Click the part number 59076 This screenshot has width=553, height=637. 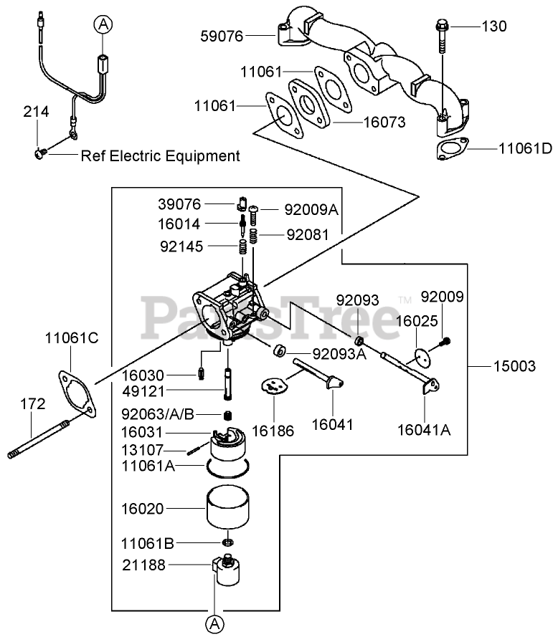click(x=222, y=36)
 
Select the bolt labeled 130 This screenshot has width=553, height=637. click(x=442, y=36)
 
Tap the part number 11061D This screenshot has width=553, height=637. click(x=525, y=149)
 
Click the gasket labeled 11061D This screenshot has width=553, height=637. click(x=452, y=149)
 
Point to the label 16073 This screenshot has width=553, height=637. click(x=384, y=123)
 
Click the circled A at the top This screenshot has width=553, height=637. click(x=103, y=25)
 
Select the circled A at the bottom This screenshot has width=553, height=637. click(x=214, y=623)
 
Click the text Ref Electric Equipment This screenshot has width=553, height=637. click(x=160, y=156)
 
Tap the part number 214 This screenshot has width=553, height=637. click(x=36, y=112)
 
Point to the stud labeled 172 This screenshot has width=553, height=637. click(x=39, y=439)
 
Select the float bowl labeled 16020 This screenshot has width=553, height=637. click(x=227, y=507)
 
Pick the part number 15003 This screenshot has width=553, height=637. click(x=514, y=366)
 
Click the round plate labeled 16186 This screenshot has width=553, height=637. click(x=274, y=386)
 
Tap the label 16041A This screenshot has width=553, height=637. click(x=424, y=430)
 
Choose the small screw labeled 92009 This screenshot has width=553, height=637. click(x=445, y=342)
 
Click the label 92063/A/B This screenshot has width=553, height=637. click(x=158, y=414)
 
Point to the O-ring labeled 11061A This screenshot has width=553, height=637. click(x=227, y=467)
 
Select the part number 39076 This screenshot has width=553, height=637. click(x=179, y=204)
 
